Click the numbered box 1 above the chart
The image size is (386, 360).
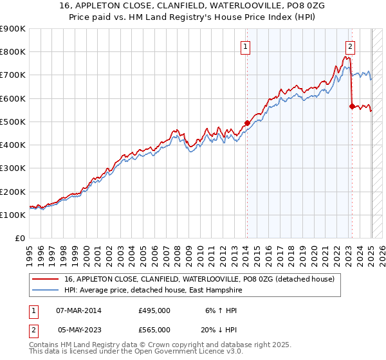[246, 46]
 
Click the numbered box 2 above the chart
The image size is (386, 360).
[351, 46]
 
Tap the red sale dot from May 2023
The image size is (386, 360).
[352, 106]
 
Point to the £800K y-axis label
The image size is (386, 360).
[13, 52]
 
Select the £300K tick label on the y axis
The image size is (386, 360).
[13, 168]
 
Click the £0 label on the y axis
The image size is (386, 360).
[20, 239]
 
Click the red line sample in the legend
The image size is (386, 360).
[46, 280]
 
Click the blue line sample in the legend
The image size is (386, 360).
[46, 291]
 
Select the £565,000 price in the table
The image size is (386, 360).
[154, 329]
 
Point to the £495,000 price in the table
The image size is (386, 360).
[154, 310]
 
